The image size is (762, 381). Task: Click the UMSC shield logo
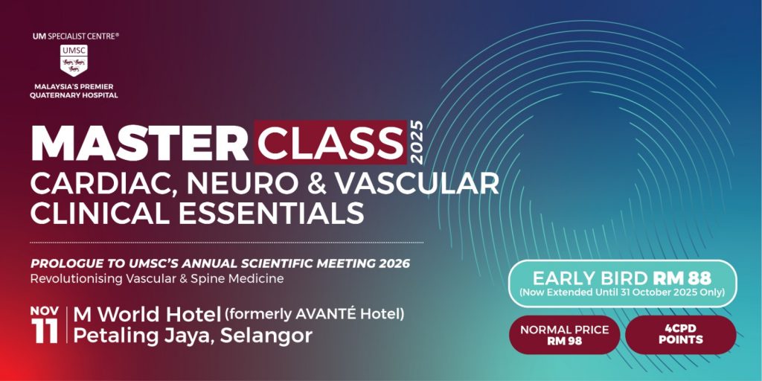click(74, 60)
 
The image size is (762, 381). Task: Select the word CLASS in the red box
click(330, 142)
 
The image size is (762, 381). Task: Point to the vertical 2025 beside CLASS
click(416, 142)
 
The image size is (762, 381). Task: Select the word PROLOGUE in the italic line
click(63, 264)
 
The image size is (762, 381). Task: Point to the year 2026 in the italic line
click(394, 264)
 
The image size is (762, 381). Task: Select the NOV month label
click(45, 310)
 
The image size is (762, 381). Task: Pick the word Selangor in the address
click(266, 336)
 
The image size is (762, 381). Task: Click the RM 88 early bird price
click(682, 278)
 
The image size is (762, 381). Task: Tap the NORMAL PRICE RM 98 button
click(564, 335)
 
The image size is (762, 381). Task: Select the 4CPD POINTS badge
click(680, 335)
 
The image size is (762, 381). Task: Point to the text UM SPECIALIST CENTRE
click(75, 36)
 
